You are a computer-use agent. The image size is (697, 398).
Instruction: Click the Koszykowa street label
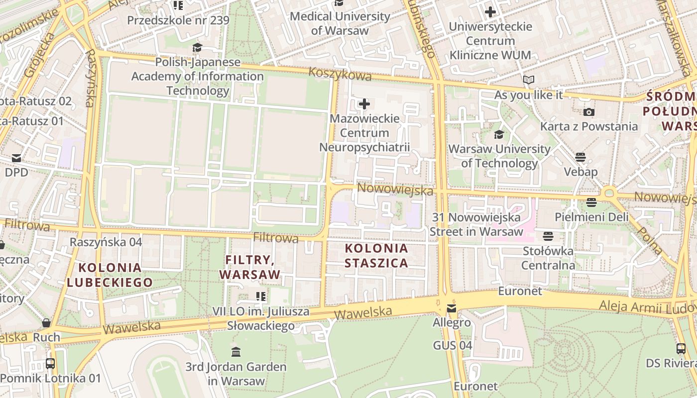tap(340, 74)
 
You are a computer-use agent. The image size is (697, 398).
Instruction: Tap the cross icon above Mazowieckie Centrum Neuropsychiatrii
tap(364, 104)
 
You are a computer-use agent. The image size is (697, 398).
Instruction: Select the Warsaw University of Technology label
tap(499, 156)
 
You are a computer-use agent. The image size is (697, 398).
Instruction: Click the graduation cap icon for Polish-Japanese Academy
tap(198, 48)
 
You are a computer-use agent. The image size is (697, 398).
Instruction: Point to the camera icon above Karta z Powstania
tap(589, 112)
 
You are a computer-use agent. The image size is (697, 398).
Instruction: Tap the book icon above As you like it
tap(528, 80)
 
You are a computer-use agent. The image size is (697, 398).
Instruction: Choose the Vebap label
tap(581, 172)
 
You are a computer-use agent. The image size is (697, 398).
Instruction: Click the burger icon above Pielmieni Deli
tap(591, 202)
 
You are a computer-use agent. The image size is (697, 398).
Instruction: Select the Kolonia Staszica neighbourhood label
tap(376, 255)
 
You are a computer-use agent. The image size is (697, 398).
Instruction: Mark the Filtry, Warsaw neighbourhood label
tap(250, 267)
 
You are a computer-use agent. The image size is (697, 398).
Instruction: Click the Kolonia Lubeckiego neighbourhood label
tap(110, 275)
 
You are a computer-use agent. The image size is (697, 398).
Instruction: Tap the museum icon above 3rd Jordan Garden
tap(236, 352)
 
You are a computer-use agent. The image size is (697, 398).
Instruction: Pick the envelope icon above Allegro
tap(452, 308)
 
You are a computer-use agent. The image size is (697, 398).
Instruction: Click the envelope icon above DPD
tap(16, 158)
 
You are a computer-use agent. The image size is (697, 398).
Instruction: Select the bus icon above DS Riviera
tap(681, 349)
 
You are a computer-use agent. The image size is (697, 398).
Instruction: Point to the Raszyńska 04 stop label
tap(106, 242)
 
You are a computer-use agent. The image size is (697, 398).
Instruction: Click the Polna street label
tap(649, 240)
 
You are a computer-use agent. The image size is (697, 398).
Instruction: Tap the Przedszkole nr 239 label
tap(178, 20)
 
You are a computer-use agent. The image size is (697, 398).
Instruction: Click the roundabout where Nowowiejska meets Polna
tap(608, 193)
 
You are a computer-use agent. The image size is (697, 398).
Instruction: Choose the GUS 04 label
tap(452, 345)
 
